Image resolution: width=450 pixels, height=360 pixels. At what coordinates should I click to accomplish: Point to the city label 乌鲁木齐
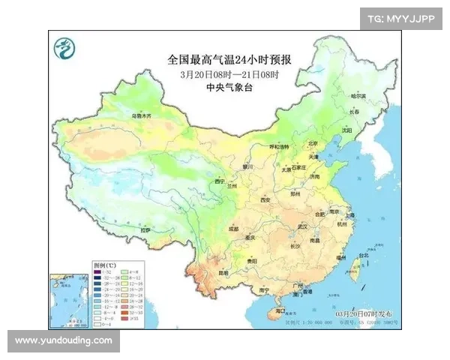tap(142, 117)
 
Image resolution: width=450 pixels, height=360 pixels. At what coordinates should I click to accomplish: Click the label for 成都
tap(233, 228)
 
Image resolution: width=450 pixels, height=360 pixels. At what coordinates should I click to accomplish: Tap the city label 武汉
tap(302, 225)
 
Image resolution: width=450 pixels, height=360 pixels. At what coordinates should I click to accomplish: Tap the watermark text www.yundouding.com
tap(63, 340)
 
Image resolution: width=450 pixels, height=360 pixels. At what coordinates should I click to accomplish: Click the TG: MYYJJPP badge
tap(401, 19)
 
